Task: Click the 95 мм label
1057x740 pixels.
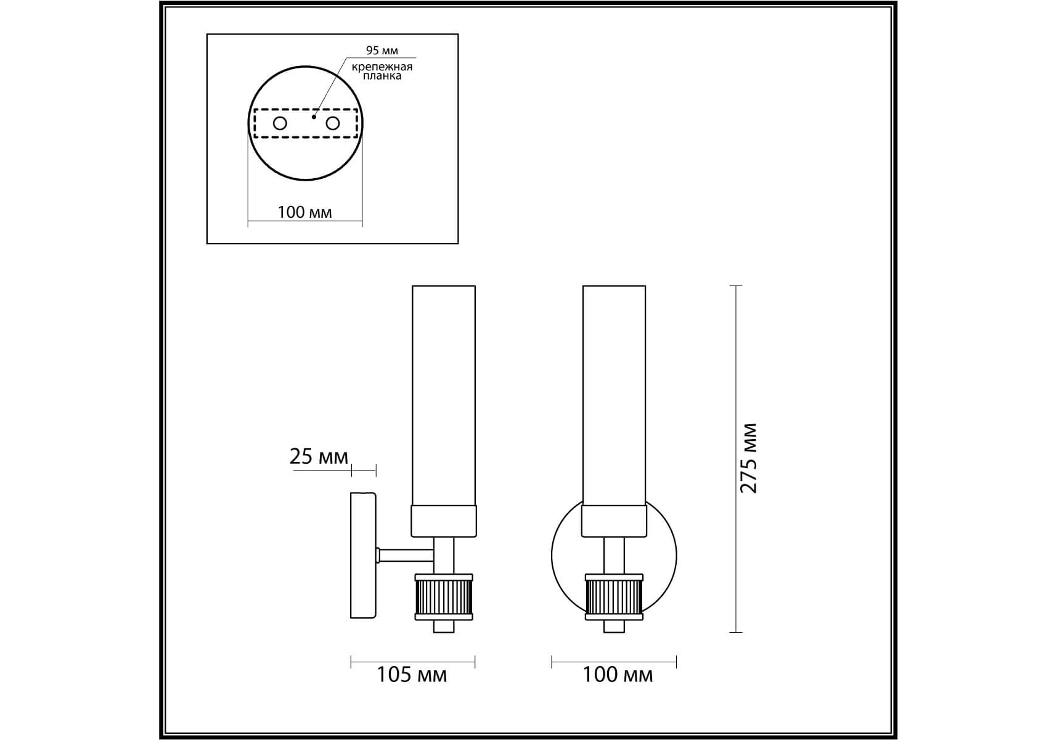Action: [382, 51]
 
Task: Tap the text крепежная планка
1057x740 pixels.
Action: [382, 71]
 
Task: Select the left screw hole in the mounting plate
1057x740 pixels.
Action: [280, 123]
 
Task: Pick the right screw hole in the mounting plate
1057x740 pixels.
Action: [333, 123]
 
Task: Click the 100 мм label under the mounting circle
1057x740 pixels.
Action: [304, 212]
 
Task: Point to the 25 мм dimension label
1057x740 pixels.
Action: [319, 456]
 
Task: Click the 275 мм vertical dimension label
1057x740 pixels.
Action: [748, 458]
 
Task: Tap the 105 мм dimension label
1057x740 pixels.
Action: [412, 675]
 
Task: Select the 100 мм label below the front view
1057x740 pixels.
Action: [618, 675]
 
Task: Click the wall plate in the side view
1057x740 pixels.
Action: [363, 555]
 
